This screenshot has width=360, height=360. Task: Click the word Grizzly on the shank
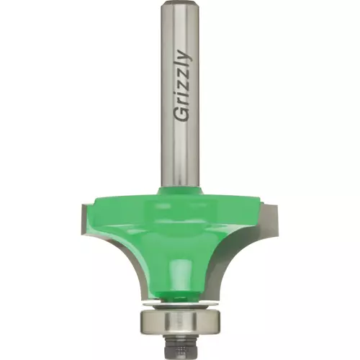pos(183,86)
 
